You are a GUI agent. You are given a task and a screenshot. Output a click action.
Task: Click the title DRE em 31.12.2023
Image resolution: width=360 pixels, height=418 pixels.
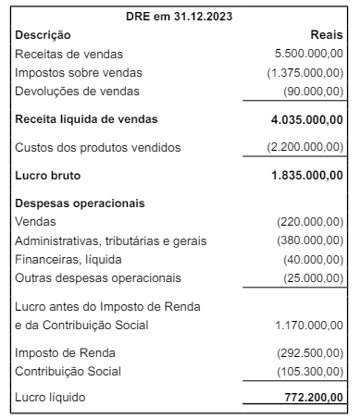click(x=180, y=16)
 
